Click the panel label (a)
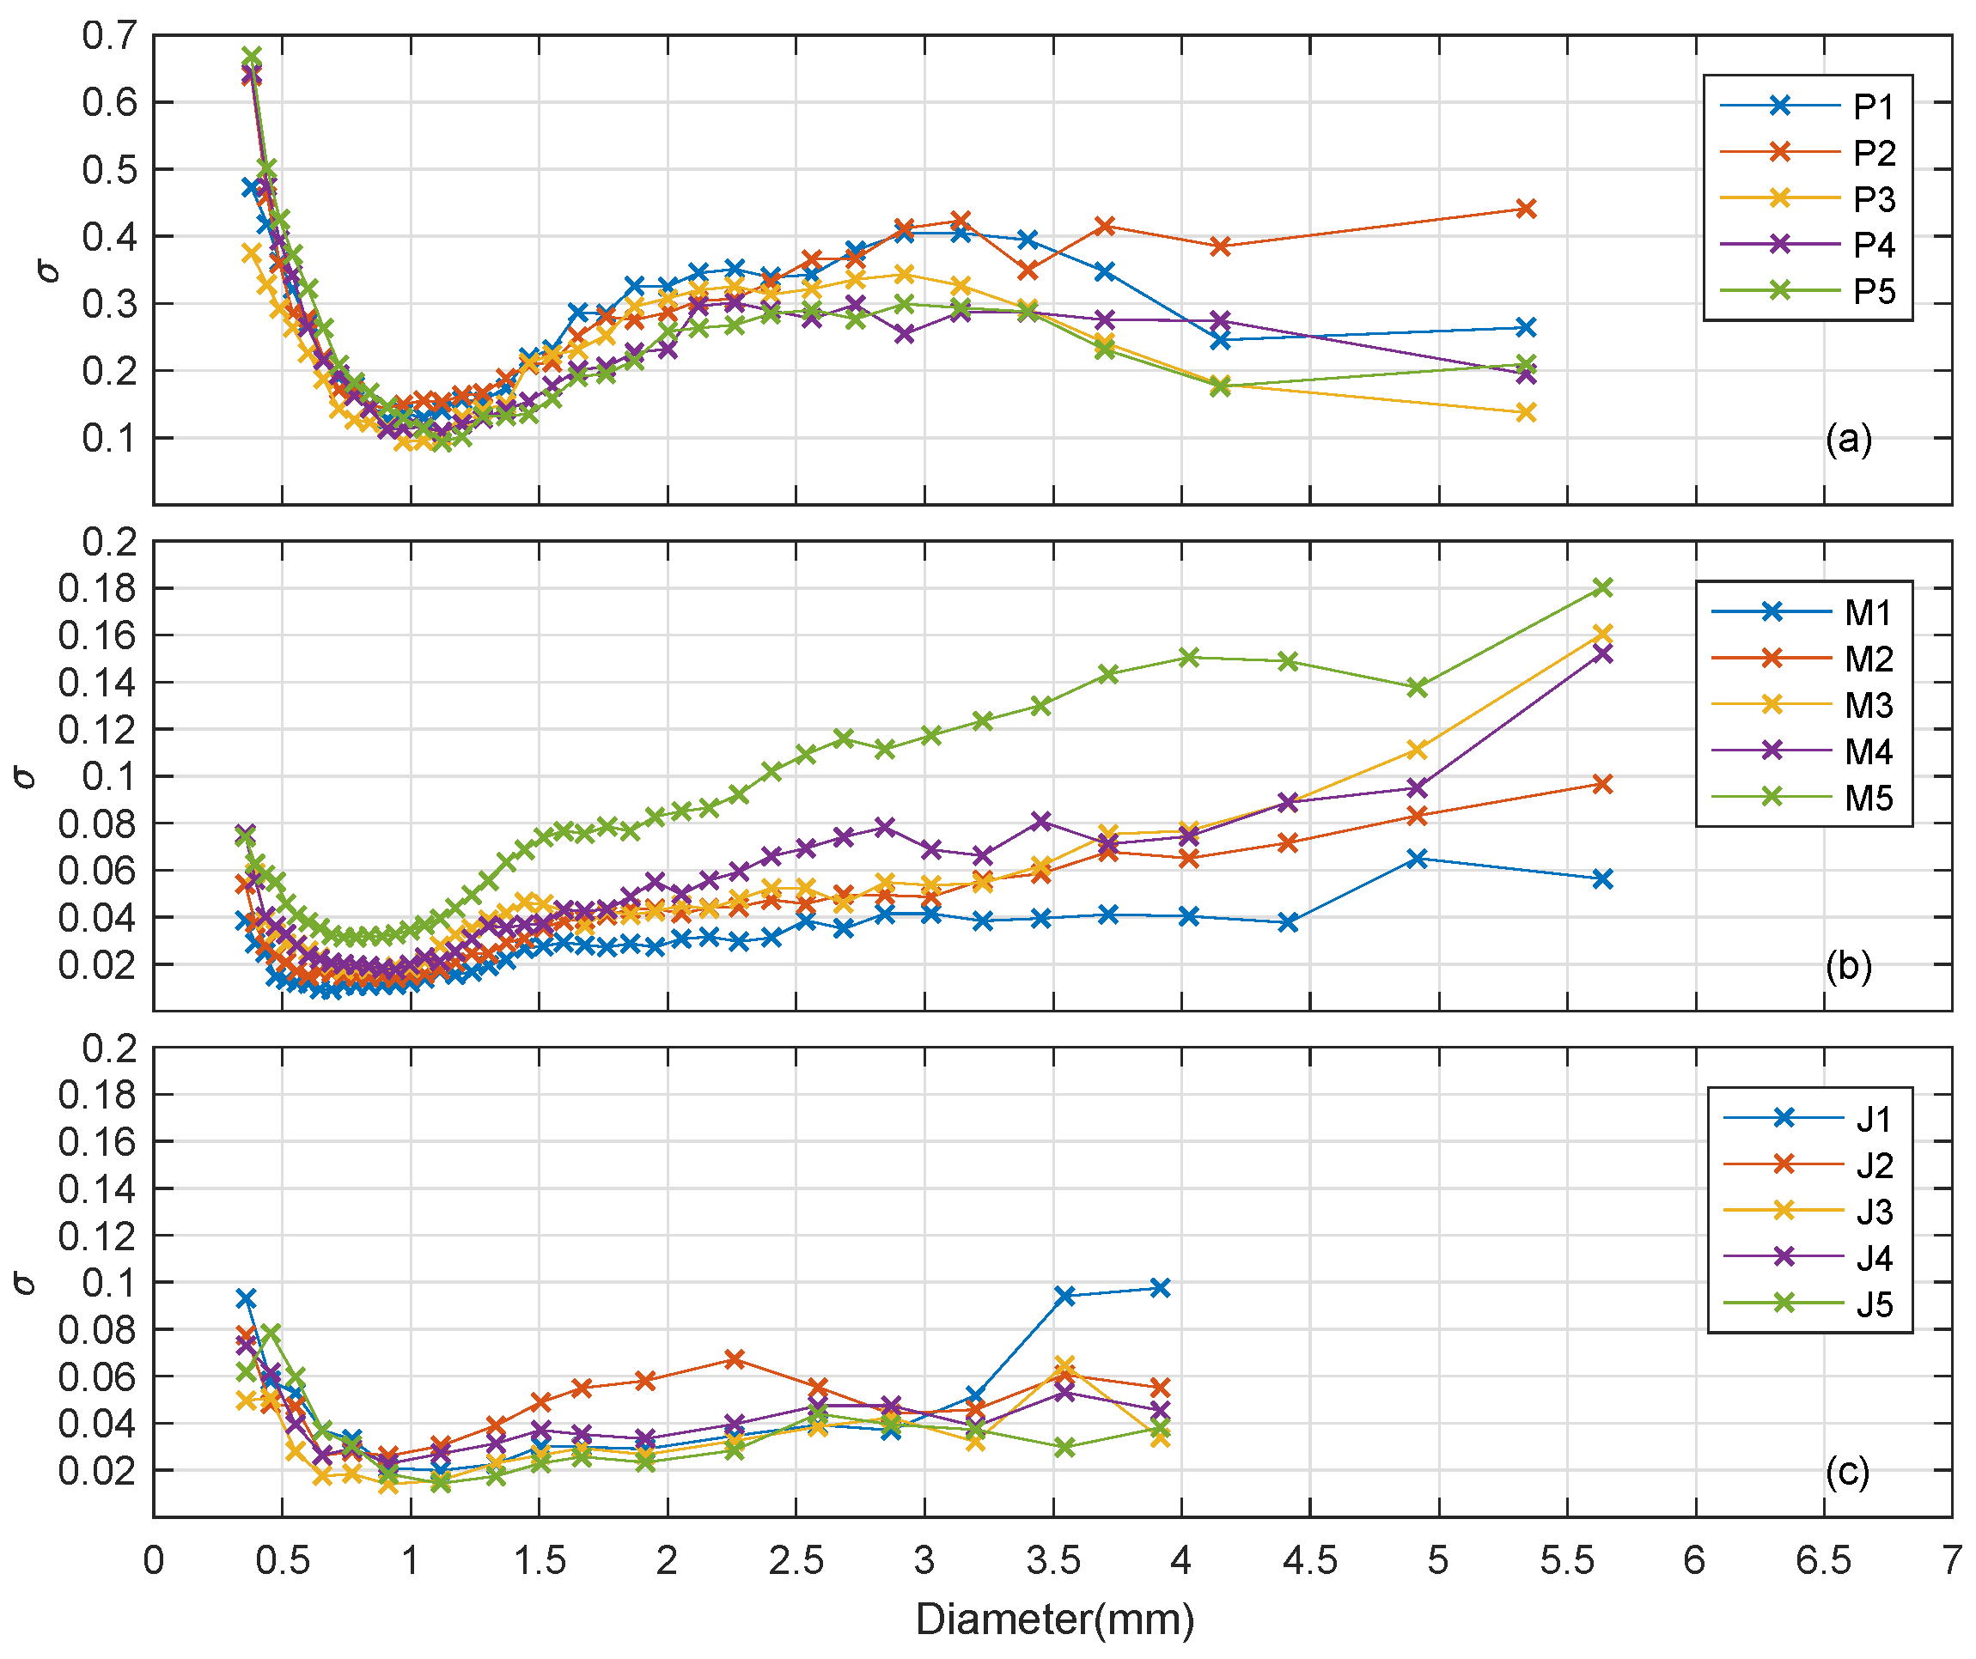tap(1848, 439)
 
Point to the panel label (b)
tap(1848, 966)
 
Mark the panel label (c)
tap(1848, 1472)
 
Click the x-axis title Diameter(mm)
tap(1054, 1619)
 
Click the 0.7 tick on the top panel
tap(109, 36)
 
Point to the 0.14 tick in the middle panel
tap(97, 683)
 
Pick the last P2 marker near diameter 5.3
tap(1525, 209)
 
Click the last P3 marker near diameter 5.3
tap(1525, 412)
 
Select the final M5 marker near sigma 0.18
tap(1602, 588)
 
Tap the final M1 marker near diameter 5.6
tap(1602, 878)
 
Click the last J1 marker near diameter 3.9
tap(1160, 1288)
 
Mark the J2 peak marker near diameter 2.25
tap(735, 1360)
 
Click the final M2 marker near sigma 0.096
tap(1602, 784)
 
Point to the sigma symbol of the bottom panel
tap(26, 1283)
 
